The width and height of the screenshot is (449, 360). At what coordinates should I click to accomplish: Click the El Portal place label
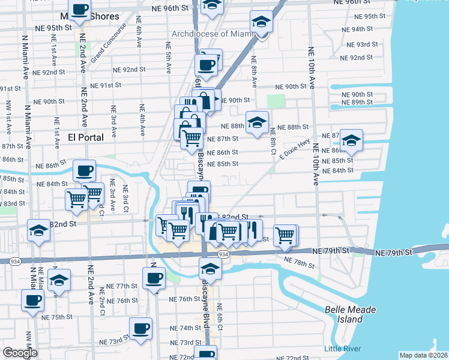[85, 137]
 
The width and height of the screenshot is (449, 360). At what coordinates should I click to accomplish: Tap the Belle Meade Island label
[350, 314]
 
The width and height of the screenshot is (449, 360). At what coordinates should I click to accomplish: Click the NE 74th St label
[185, 328]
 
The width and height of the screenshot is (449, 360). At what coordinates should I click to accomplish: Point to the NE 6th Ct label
[220, 315]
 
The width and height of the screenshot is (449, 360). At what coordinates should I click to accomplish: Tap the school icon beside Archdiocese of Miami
[261, 23]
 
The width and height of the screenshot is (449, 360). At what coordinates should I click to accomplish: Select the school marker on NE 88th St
[257, 122]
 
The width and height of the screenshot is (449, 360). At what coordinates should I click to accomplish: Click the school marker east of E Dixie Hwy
[351, 140]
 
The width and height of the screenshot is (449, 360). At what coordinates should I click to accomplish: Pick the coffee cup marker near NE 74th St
[141, 328]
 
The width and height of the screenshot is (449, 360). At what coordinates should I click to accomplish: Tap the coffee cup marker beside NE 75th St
[33, 300]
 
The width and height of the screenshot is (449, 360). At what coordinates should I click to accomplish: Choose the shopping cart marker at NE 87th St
[192, 137]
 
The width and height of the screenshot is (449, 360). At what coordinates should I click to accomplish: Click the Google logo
[20, 353]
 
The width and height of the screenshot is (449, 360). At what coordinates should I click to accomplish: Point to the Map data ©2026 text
[424, 355]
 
